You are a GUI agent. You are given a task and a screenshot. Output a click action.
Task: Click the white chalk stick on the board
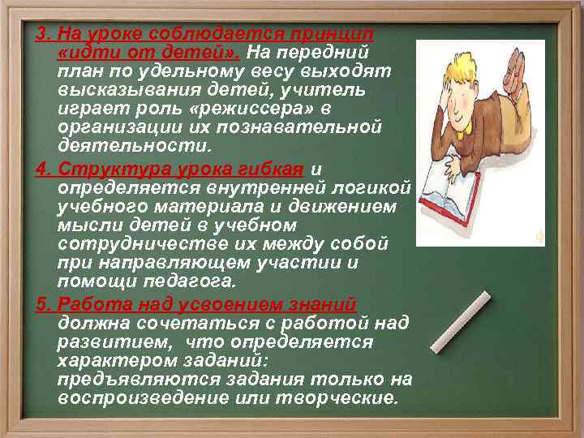pyautogui.click(x=460, y=320)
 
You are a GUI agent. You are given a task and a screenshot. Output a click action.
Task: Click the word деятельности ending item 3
pyautogui.click(x=133, y=145)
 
